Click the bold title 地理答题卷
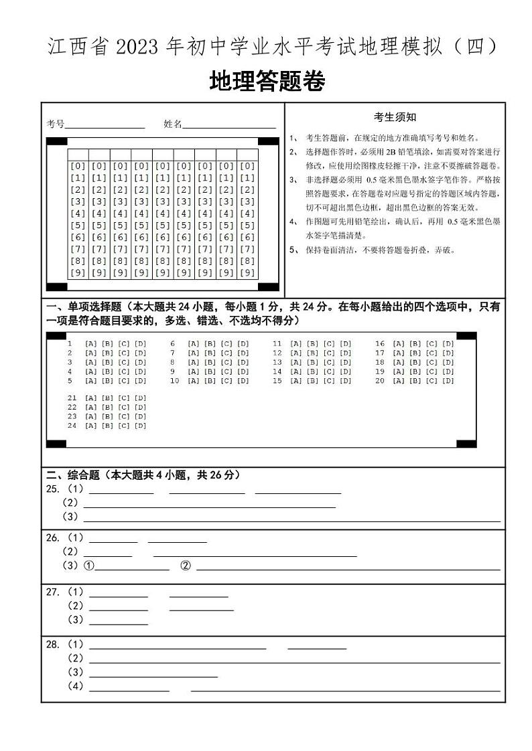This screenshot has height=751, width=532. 267,82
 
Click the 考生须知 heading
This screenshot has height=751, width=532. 395,117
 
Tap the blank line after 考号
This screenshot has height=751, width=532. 105,126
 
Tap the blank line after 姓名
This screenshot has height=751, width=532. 228,126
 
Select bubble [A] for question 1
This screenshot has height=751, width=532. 90,344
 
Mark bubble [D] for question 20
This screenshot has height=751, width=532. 448,382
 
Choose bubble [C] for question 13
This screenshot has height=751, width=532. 328,363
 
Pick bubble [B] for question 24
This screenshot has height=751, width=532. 107,426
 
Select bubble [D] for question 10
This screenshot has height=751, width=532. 243,382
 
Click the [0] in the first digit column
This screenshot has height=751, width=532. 78,166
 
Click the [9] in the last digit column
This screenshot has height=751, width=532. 247,273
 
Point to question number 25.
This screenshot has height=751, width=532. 52,489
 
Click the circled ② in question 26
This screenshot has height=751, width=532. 186,566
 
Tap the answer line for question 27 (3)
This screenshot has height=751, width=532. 118,624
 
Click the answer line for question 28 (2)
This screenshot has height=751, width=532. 294,662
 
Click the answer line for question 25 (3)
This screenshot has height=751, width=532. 291,520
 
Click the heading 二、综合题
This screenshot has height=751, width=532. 72,475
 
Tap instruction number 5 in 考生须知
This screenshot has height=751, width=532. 293,250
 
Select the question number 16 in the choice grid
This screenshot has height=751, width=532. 379,344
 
